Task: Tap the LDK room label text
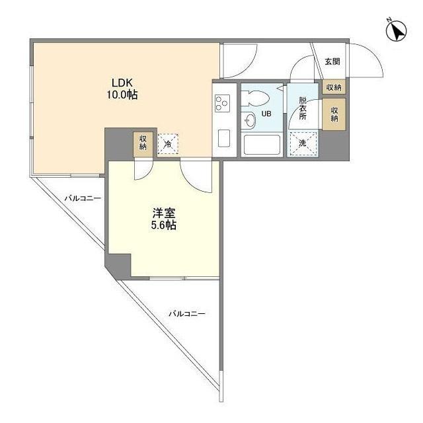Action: (x=123, y=83)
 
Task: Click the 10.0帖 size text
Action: (x=123, y=95)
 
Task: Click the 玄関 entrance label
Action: (x=332, y=62)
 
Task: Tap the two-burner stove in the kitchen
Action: (x=221, y=102)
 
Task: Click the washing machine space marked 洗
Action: (x=303, y=143)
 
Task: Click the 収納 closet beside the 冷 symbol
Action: (x=143, y=142)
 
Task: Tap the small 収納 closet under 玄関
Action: (x=333, y=87)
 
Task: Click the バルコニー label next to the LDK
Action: (x=83, y=198)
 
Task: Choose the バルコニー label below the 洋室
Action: (x=186, y=313)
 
